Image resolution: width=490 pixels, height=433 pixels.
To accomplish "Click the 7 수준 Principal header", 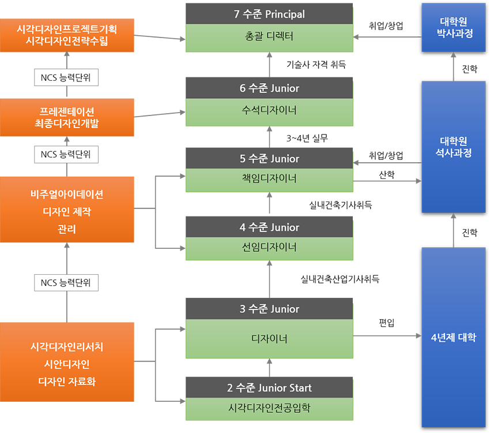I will click(269, 14).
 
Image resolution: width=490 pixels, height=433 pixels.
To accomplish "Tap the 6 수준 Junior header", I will click(269, 88).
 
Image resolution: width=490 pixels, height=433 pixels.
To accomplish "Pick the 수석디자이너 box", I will click(269, 109).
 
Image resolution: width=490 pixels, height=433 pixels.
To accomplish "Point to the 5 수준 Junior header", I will click(269, 159).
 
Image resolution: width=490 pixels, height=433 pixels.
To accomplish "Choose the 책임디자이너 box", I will click(269, 179).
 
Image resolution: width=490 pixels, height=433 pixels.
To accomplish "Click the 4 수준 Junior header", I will click(269, 227).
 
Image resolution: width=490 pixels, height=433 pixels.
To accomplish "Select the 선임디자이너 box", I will click(269, 248).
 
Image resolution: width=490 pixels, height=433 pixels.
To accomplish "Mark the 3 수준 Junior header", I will click(269, 309).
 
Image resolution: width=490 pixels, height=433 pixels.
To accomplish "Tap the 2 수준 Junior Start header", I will click(269, 387).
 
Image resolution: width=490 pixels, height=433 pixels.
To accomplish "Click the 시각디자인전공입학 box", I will click(269, 408).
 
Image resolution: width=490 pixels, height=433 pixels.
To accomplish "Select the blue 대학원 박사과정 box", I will click(454, 27).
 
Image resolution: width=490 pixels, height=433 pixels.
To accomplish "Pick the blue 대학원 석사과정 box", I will click(454, 147).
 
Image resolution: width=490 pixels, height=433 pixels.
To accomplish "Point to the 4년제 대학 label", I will click(454, 338).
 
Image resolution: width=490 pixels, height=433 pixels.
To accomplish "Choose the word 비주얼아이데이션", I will click(67, 195).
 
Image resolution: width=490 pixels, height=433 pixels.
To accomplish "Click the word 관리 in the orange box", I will click(67, 229).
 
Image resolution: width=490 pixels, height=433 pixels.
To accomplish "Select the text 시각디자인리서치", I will click(67, 348).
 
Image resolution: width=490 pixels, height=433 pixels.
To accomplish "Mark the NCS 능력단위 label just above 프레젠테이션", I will click(67, 77).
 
